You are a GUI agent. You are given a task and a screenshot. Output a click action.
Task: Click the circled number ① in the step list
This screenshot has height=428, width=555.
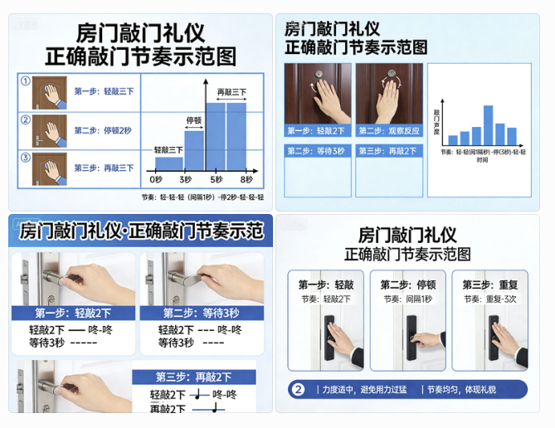tap(26, 81)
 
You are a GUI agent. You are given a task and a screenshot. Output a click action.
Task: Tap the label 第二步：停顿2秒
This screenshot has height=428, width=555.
tap(103, 130)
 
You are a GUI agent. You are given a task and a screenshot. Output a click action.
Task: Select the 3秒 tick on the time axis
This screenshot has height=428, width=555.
tap(185, 179)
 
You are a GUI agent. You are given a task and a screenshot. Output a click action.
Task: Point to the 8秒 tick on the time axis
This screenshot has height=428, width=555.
tap(246, 179)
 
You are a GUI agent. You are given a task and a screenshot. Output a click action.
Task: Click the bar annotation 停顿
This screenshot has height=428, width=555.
tap(194, 119)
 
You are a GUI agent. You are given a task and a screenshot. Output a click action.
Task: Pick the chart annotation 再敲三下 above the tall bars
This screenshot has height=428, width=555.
tap(231, 91)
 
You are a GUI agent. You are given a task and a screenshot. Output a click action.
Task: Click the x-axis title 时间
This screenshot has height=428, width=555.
tap(482, 159)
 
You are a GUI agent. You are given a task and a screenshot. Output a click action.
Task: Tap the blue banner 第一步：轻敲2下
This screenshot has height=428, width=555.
tap(73, 313)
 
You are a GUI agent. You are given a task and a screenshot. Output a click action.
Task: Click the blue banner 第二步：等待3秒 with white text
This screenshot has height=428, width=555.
tap(201, 313)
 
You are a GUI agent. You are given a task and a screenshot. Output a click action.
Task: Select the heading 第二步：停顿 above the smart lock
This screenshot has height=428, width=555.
tap(408, 285)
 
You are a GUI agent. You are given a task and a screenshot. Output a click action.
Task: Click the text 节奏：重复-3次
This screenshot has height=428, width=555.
tap(489, 299)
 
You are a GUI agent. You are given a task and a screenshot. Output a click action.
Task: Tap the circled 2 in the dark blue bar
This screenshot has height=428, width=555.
tap(299, 389)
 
